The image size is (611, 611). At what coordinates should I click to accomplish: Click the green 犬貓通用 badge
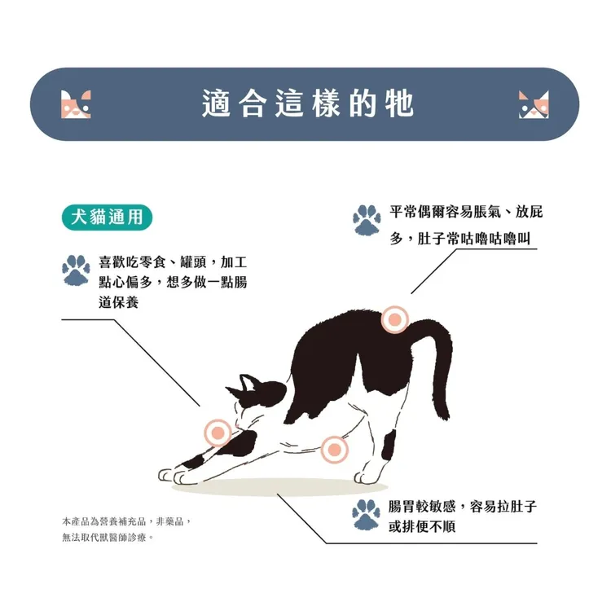[107, 217]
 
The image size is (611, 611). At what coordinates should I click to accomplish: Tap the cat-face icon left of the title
[76, 104]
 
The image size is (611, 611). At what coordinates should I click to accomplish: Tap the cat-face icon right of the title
[534, 104]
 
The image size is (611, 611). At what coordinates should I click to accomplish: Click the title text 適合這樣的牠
[307, 103]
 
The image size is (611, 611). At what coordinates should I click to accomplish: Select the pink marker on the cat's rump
[395, 319]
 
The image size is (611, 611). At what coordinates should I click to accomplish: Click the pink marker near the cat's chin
[218, 433]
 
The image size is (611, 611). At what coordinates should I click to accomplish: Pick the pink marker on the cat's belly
[334, 450]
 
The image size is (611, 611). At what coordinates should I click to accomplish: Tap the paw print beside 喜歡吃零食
[76, 270]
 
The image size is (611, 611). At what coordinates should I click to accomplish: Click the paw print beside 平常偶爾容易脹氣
[367, 220]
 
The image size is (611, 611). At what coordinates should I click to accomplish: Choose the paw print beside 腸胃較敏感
[366, 515]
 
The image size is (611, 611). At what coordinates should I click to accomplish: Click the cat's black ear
[248, 383]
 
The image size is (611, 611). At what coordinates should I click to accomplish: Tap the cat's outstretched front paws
[174, 476]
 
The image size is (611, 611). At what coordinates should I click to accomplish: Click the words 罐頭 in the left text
[193, 262]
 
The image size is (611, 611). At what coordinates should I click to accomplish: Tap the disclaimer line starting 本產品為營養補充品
[126, 521]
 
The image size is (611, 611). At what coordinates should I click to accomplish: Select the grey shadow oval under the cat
[279, 487]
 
